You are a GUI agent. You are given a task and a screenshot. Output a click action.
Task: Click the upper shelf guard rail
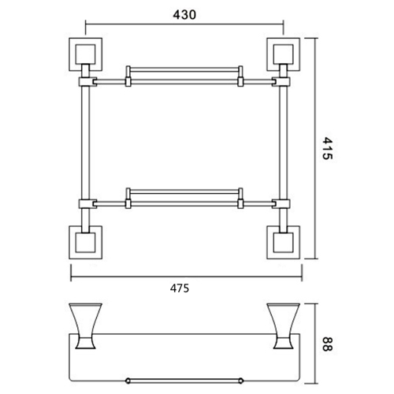184,71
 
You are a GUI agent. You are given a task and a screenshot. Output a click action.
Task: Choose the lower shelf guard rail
184,193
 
